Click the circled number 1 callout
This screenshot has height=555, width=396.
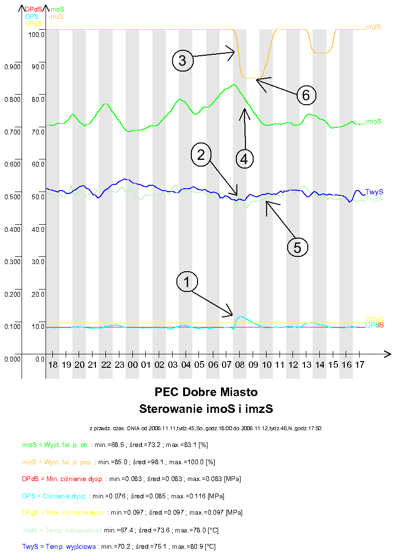point(187,282)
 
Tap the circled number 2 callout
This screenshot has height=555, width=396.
point(201,154)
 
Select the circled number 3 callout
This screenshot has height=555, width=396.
point(183,60)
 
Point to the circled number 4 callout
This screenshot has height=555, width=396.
point(244,158)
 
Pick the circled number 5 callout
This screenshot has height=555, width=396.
point(297,247)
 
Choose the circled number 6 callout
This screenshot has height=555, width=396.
point(306,95)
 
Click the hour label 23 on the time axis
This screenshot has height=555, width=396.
point(119,365)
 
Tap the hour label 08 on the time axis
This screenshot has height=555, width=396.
point(239,365)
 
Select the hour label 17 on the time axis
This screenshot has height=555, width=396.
point(359,365)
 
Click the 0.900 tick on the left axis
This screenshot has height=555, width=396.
point(12,67)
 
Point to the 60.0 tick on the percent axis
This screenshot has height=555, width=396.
point(38,164)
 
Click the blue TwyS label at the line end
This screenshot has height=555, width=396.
point(373,192)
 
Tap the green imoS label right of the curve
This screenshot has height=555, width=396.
point(373,121)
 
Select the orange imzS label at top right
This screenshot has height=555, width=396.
point(373,27)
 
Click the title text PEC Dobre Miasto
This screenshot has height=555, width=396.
point(206,392)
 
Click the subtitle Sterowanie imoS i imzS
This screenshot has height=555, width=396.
point(206,409)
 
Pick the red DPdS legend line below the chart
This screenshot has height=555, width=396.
point(131,479)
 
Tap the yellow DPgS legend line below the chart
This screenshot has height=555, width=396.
point(132,512)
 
